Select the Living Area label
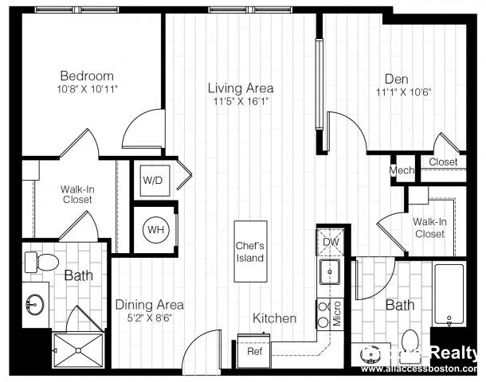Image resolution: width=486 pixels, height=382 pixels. point(241,88)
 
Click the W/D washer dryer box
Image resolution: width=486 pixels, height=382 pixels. point(152,180)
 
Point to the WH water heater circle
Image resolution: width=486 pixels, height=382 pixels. point(154,230)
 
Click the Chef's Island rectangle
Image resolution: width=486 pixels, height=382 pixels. point(249,251)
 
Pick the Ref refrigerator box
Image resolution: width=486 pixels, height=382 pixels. point(255,350)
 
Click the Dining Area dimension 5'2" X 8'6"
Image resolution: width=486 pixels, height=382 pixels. point(149,317)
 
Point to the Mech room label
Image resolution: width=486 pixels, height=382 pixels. point(401,170)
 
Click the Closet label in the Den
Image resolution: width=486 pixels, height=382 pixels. point(443,162)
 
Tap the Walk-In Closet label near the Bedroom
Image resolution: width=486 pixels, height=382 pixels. point(76,194)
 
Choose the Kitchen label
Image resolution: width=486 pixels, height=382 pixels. point(275,318)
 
